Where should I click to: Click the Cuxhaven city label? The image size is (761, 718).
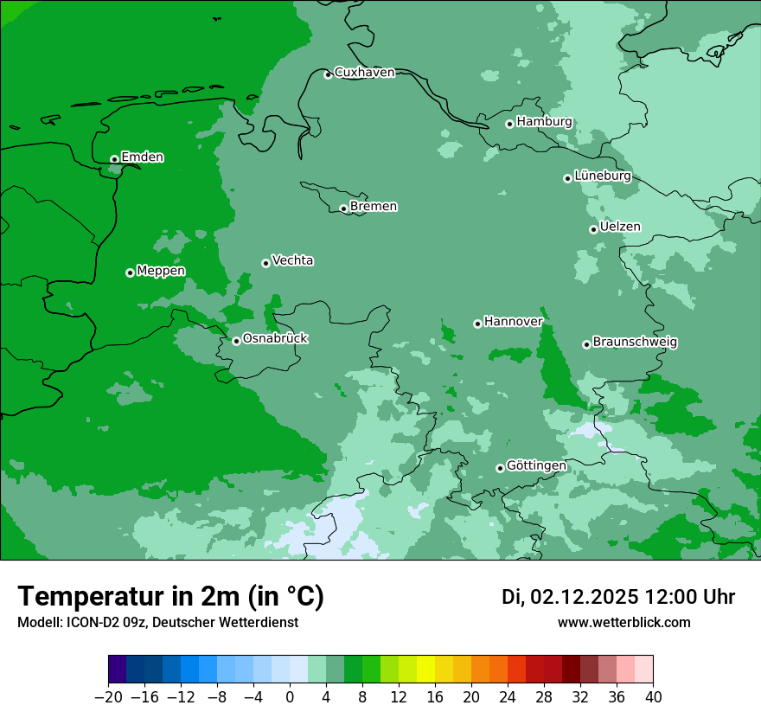(364, 73)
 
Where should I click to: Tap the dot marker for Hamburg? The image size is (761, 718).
(509, 124)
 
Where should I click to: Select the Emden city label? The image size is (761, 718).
(142, 157)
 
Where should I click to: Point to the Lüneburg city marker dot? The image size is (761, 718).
(567, 178)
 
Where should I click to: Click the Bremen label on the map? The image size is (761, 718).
(374, 207)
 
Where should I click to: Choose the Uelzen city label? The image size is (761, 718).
(620, 228)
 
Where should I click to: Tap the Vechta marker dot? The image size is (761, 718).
(265, 263)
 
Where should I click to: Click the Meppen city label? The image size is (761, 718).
(161, 272)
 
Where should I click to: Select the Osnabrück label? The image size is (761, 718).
(275, 339)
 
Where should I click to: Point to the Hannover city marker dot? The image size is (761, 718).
(477, 324)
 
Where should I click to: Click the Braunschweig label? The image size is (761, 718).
(635, 343)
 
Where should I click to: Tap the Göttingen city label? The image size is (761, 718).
(536, 466)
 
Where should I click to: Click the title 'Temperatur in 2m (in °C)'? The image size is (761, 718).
(170, 597)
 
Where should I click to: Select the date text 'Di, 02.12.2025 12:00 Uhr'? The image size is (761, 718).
(618, 597)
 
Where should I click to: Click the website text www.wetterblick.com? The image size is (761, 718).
(624, 623)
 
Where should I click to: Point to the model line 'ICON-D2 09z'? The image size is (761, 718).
(103, 623)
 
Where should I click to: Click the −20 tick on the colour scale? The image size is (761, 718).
(108, 697)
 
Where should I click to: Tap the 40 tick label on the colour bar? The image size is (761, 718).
(653, 697)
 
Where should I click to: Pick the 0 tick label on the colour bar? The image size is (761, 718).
(290, 697)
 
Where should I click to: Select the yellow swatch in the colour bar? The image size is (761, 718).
(425, 670)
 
